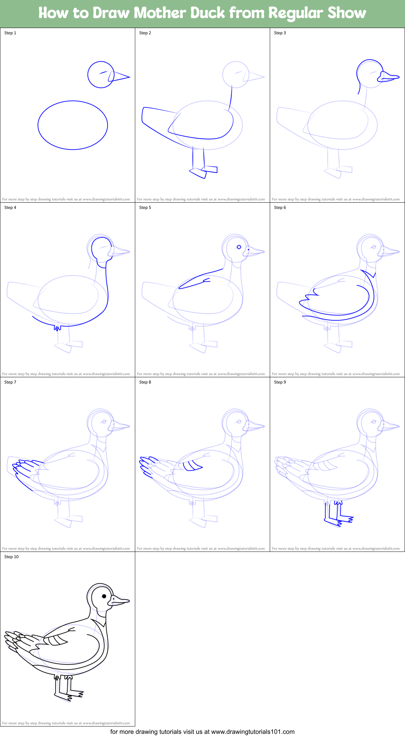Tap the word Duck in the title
coord(207,13)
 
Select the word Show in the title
coord(346,13)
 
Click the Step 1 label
coord(10,33)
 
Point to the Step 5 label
coord(145,208)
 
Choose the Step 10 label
coord(12,557)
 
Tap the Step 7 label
coord(10,382)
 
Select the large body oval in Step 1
coord(73,125)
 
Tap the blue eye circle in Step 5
coord(239,247)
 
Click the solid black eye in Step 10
coord(104,596)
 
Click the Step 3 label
coord(280,33)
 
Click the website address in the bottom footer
coord(253,732)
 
